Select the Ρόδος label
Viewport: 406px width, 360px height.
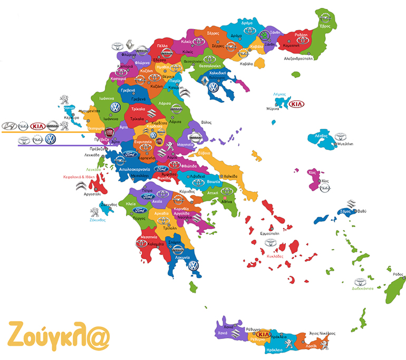398,274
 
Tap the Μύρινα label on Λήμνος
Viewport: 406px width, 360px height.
273,108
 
